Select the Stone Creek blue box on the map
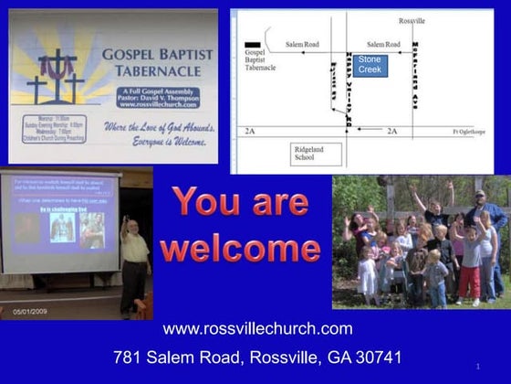[x=370, y=64]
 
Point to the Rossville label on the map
[x=412, y=20]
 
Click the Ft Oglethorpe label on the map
[x=471, y=133]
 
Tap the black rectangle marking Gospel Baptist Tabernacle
[x=253, y=44]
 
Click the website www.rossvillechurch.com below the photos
[x=256, y=329]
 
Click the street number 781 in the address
[x=129, y=357]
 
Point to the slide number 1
[x=477, y=367]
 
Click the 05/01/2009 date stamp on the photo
[x=31, y=311]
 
